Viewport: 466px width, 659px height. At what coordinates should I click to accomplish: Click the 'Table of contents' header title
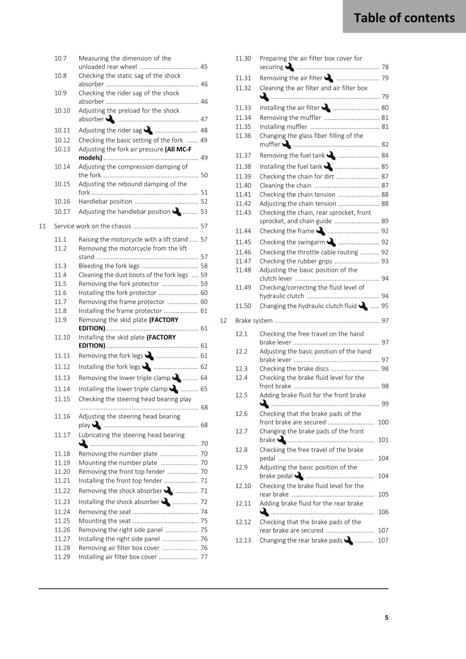tap(404, 18)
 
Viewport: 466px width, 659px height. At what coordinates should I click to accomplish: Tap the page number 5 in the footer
tap(386, 617)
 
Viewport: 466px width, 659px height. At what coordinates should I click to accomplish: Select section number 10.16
tap(62, 201)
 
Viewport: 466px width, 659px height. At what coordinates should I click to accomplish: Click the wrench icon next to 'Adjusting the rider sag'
tap(148, 131)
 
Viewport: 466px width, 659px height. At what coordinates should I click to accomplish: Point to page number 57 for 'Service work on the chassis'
tap(204, 226)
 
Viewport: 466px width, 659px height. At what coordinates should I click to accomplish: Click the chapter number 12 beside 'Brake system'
tap(223, 320)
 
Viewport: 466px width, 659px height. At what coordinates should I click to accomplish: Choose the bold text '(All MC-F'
tap(178, 149)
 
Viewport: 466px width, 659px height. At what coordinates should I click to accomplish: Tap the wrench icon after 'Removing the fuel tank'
tap(331, 156)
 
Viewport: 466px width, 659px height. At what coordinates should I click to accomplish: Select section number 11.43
tap(243, 213)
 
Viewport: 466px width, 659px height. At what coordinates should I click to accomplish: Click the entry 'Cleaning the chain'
tap(285, 185)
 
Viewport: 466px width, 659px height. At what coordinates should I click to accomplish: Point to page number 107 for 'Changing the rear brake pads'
tap(383, 540)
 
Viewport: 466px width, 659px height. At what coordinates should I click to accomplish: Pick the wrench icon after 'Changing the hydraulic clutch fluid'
tap(363, 306)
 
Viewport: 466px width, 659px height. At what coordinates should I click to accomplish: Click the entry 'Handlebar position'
tap(106, 201)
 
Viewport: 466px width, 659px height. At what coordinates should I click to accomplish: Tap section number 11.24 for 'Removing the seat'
tap(62, 512)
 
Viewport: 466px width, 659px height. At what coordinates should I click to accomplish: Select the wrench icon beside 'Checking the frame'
tap(320, 231)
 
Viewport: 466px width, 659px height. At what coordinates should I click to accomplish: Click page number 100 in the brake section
tap(383, 422)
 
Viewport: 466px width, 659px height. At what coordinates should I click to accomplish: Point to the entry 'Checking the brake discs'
tap(294, 369)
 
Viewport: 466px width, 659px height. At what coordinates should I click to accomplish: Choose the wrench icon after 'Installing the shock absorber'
tap(165, 502)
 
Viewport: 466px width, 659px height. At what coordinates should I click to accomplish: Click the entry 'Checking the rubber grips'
tap(296, 261)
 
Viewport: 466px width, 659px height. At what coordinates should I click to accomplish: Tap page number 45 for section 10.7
tap(204, 67)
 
